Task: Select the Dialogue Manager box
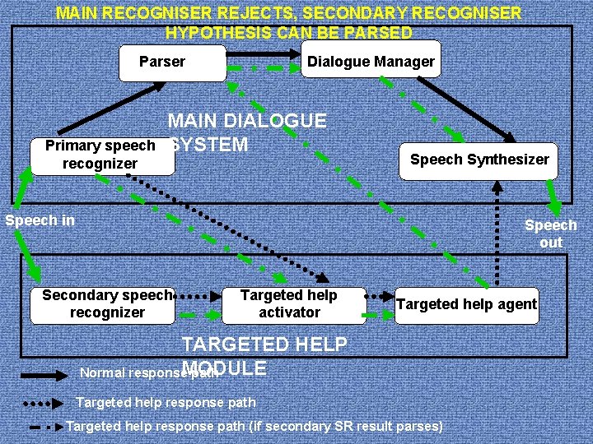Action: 370,62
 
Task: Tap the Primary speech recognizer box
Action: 101,155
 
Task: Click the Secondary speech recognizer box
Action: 107,303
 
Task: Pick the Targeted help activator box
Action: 290,303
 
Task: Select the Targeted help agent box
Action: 466,304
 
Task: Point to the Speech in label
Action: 40,220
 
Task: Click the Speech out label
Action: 551,234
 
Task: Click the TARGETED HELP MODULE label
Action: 264,355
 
